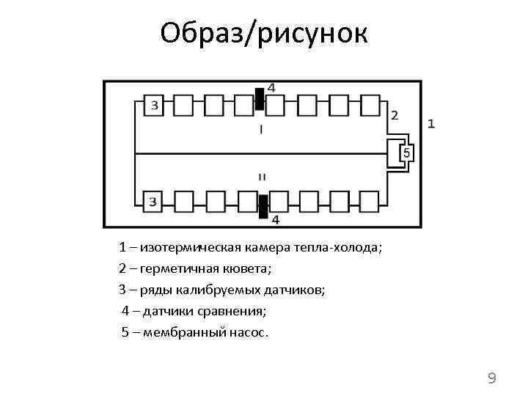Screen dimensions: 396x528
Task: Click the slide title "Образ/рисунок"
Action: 263,32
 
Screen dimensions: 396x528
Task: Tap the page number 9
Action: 492,378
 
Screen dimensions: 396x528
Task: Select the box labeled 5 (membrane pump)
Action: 407,153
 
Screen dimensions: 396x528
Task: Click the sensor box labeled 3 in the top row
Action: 154,106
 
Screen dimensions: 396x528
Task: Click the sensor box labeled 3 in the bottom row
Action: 153,201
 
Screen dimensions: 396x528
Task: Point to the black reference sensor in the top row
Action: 259,99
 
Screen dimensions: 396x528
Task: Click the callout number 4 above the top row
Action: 272,87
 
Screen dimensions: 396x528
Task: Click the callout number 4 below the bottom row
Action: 276,219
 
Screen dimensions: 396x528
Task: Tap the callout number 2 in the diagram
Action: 395,115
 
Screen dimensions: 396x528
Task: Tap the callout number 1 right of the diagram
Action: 431,124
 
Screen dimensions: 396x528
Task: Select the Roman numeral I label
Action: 261,130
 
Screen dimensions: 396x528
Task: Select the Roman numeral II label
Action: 262,177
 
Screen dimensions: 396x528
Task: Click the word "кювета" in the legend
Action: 252,269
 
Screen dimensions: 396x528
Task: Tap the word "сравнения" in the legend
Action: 236,312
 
